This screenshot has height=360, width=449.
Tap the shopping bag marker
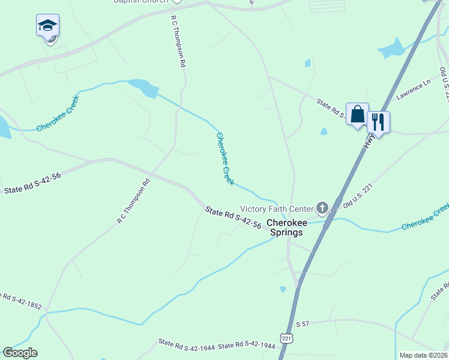click(x=357, y=115)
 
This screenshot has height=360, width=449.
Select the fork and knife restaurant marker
click(x=378, y=122)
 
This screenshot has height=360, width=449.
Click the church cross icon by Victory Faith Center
click(x=322, y=209)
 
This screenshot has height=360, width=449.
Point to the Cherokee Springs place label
click(x=287, y=227)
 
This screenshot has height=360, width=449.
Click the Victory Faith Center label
click(x=277, y=209)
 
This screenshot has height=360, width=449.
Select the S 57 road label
click(x=301, y=324)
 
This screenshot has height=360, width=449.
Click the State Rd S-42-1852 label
click(x=19, y=300)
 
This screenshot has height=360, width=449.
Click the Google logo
click(x=20, y=353)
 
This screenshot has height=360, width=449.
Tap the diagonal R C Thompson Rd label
click(x=134, y=201)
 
